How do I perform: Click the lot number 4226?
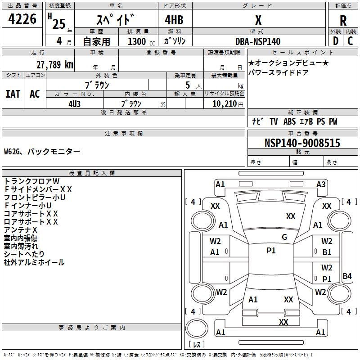pos(22,19)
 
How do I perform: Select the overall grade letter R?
pos(343,21)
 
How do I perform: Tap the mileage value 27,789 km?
pos(54,65)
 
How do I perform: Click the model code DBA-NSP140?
pos(258,41)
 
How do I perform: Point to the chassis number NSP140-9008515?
pos(302,143)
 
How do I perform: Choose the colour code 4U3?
pos(74,104)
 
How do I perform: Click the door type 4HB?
pos(174,20)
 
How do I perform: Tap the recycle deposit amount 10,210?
pos(225,104)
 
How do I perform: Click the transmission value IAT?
pos(13,94)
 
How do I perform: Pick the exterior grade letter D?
pos(335,41)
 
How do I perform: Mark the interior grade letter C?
pos(350,41)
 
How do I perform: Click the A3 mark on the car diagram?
pos(321,184)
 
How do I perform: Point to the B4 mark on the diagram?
pos(347,276)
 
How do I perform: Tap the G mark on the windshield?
pos(284,237)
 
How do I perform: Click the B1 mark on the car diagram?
pos(327,252)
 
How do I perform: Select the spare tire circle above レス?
pos(197,328)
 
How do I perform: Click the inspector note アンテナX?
pos(20,230)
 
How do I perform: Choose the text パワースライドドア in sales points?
pos(278,73)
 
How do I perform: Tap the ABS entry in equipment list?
pos(289,121)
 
